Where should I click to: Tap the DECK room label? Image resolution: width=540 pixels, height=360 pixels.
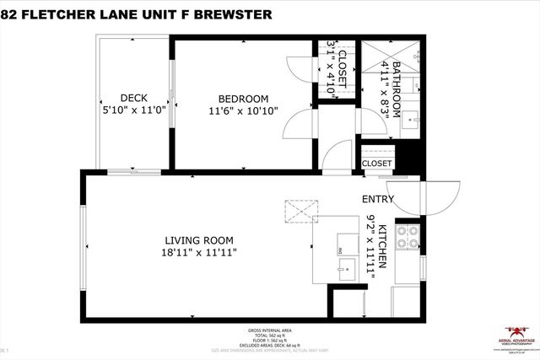click(133, 96)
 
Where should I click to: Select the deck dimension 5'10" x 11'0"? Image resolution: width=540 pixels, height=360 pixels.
click(133, 109)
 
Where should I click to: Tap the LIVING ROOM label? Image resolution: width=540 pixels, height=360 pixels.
click(198, 239)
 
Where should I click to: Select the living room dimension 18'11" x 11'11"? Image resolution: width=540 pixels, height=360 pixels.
click(198, 251)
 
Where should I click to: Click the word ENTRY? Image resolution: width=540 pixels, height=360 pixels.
click(378, 200)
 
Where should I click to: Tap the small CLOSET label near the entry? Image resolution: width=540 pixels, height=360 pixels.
click(376, 164)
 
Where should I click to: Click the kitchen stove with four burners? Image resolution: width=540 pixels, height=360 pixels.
click(408, 239)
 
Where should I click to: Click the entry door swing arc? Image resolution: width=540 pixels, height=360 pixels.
click(440, 198)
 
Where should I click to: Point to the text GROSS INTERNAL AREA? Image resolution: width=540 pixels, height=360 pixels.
click(269, 330)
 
